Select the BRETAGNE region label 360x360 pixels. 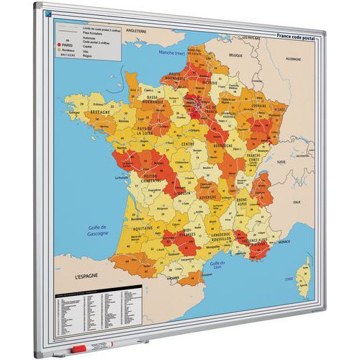100,113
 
